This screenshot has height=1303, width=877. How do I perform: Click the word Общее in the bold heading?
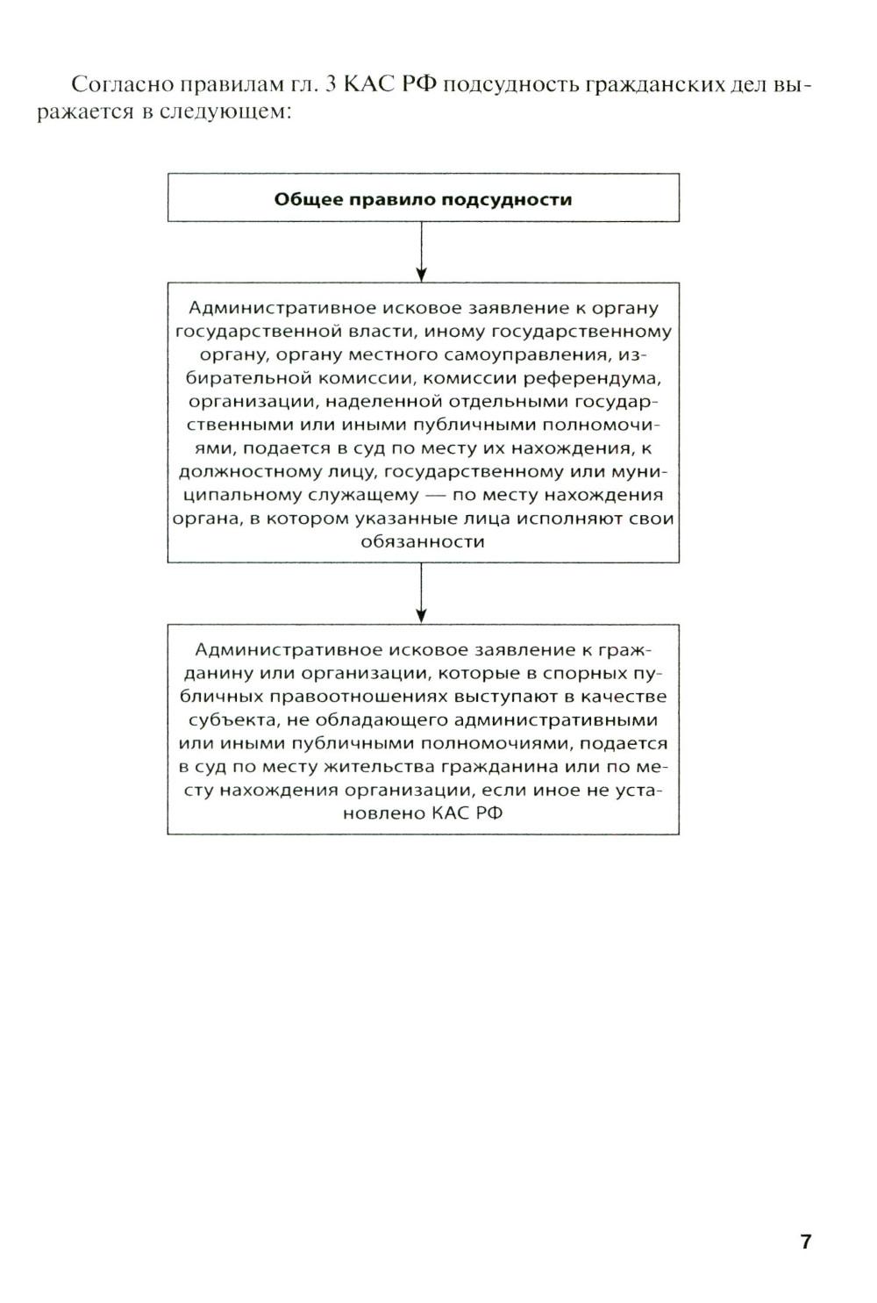click(x=308, y=199)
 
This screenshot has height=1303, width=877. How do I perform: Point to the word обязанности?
click(x=423, y=541)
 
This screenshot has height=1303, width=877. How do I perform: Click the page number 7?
click(x=805, y=1242)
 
